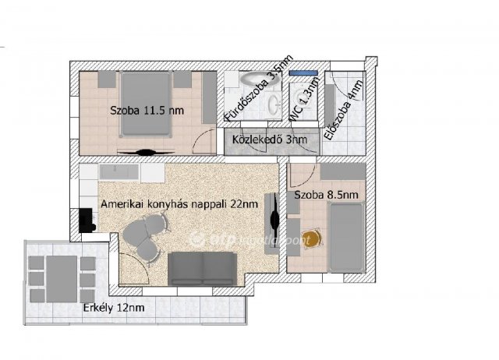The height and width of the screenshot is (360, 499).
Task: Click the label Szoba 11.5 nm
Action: click(x=147, y=111)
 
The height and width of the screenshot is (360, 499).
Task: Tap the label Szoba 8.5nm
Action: click(x=326, y=195)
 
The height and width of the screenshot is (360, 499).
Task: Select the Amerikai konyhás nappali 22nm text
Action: click(x=179, y=204)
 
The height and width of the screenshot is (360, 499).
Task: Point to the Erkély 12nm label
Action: click(x=114, y=308)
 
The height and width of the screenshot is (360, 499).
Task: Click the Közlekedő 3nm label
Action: click(x=270, y=139)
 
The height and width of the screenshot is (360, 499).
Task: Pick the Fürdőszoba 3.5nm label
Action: click(x=258, y=88)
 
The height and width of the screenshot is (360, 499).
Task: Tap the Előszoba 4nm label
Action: click(x=343, y=110)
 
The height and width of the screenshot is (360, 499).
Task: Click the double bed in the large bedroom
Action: click(x=146, y=104)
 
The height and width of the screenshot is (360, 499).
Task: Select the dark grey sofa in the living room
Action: click(x=202, y=269)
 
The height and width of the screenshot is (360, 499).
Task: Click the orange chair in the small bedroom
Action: click(x=311, y=238)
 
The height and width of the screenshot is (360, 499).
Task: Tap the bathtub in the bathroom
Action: click(x=260, y=78)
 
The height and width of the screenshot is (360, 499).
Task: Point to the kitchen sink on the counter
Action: click(x=119, y=171)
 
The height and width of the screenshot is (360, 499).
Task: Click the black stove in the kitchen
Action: click(x=87, y=221)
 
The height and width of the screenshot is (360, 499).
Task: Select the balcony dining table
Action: click(x=62, y=279)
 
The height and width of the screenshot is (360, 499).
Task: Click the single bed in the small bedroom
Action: click(x=346, y=237)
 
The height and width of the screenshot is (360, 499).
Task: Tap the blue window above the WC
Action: click(x=303, y=72)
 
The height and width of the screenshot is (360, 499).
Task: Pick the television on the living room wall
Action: click(x=274, y=220)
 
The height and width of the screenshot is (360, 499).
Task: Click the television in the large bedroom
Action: click(x=146, y=152)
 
